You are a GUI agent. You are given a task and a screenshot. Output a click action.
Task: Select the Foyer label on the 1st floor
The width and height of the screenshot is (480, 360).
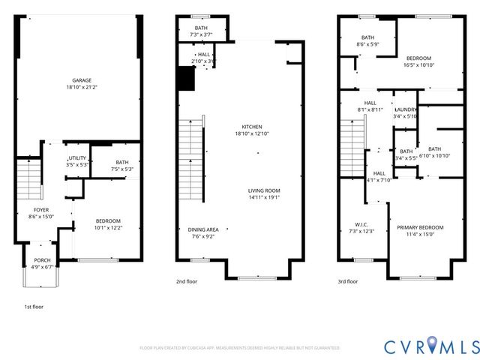41,209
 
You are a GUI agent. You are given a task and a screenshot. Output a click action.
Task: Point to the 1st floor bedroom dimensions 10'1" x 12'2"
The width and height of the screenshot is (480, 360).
108,227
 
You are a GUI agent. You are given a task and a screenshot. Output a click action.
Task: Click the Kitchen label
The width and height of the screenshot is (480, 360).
251,126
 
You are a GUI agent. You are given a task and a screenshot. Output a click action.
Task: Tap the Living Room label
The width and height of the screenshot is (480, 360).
264,190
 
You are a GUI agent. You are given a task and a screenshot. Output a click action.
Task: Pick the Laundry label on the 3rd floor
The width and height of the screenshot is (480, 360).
406,109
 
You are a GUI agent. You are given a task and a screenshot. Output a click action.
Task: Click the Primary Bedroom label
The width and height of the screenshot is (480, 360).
420,227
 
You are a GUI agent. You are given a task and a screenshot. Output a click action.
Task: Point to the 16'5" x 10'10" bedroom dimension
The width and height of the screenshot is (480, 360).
419,65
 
